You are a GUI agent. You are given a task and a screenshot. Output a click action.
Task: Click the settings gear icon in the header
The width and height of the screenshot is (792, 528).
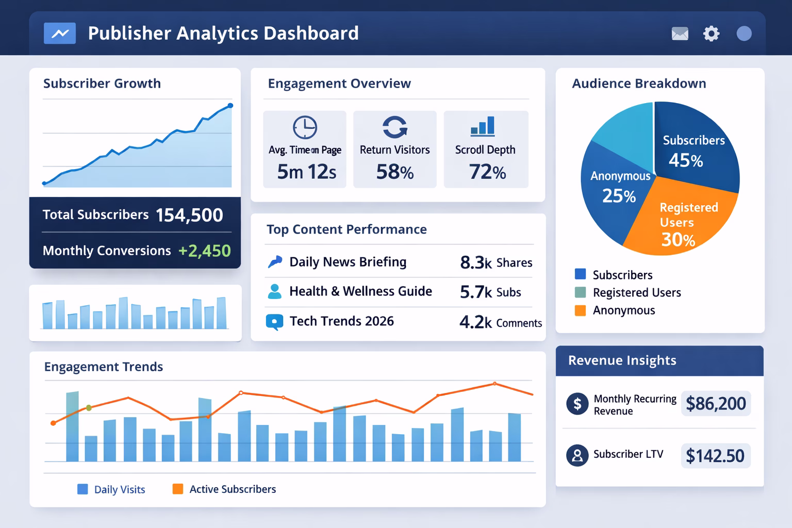[x=711, y=34]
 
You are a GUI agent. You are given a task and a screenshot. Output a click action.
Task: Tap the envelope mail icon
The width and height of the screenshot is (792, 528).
[x=680, y=34]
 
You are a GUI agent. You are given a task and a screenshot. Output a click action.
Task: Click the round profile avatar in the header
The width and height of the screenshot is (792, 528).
[x=744, y=34]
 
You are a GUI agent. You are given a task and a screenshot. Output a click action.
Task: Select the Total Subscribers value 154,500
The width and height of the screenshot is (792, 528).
[x=189, y=215]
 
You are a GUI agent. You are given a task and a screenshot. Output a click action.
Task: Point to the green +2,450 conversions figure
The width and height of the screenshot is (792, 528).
[x=204, y=251]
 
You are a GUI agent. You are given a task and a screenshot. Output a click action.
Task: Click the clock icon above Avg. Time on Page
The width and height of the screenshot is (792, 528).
[x=305, y=127]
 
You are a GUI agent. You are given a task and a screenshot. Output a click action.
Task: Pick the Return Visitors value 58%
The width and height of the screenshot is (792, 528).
[x=394, y=172]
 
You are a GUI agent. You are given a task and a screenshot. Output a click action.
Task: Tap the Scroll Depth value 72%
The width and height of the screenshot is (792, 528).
[x=487, y=172]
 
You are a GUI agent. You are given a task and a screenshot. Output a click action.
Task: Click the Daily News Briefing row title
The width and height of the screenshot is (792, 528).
[x=348, y=262]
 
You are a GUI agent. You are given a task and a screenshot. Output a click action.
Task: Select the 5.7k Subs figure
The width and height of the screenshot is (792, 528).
[x=490, y=292]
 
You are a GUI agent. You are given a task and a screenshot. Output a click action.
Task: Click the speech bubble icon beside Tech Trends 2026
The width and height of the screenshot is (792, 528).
[x=274, y=322]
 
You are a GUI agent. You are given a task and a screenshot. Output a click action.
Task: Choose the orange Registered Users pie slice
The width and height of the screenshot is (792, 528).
[x=681, y=217]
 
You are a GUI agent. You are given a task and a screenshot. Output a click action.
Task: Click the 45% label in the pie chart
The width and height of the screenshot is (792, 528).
[x=685, y=160]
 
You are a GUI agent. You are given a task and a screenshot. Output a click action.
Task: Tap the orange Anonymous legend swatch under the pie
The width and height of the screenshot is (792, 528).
[x=580, y=310]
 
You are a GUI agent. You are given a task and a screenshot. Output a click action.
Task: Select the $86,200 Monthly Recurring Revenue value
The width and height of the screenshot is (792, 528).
[x=715, y=403]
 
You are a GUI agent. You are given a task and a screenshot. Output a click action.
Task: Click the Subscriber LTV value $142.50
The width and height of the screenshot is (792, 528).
[x=715, y=456]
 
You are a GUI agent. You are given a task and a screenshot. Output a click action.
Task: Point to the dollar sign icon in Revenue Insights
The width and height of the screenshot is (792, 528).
[x=577, y=404]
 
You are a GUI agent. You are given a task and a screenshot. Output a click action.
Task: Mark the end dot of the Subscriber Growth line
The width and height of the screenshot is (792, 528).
[x=230, y=106]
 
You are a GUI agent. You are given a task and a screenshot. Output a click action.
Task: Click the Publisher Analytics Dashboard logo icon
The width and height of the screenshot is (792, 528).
[x=60, y=34]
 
